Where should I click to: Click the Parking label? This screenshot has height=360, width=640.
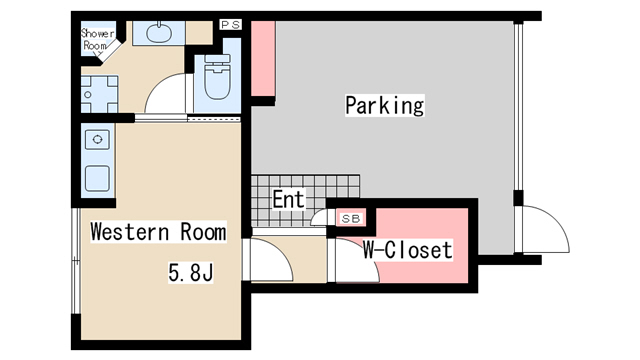(x=385, y=105)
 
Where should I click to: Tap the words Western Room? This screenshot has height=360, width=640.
(x=158, y=232)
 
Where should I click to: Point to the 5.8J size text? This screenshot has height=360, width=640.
(x=190, y=270)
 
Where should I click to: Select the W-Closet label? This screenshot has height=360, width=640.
(x=407, y=250)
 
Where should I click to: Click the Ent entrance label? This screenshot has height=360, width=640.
(x=288, y=198)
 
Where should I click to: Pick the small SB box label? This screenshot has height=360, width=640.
(x=352, y=217)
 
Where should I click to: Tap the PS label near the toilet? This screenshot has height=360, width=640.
(x=230, y=24)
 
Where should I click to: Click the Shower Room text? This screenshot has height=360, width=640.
(x=96, y=37)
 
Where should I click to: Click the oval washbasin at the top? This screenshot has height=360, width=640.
(x=158, y=33)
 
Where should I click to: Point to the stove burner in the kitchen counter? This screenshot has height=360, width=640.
(x=98, y=139)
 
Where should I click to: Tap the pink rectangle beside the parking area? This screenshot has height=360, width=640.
(x=262, y=59)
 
